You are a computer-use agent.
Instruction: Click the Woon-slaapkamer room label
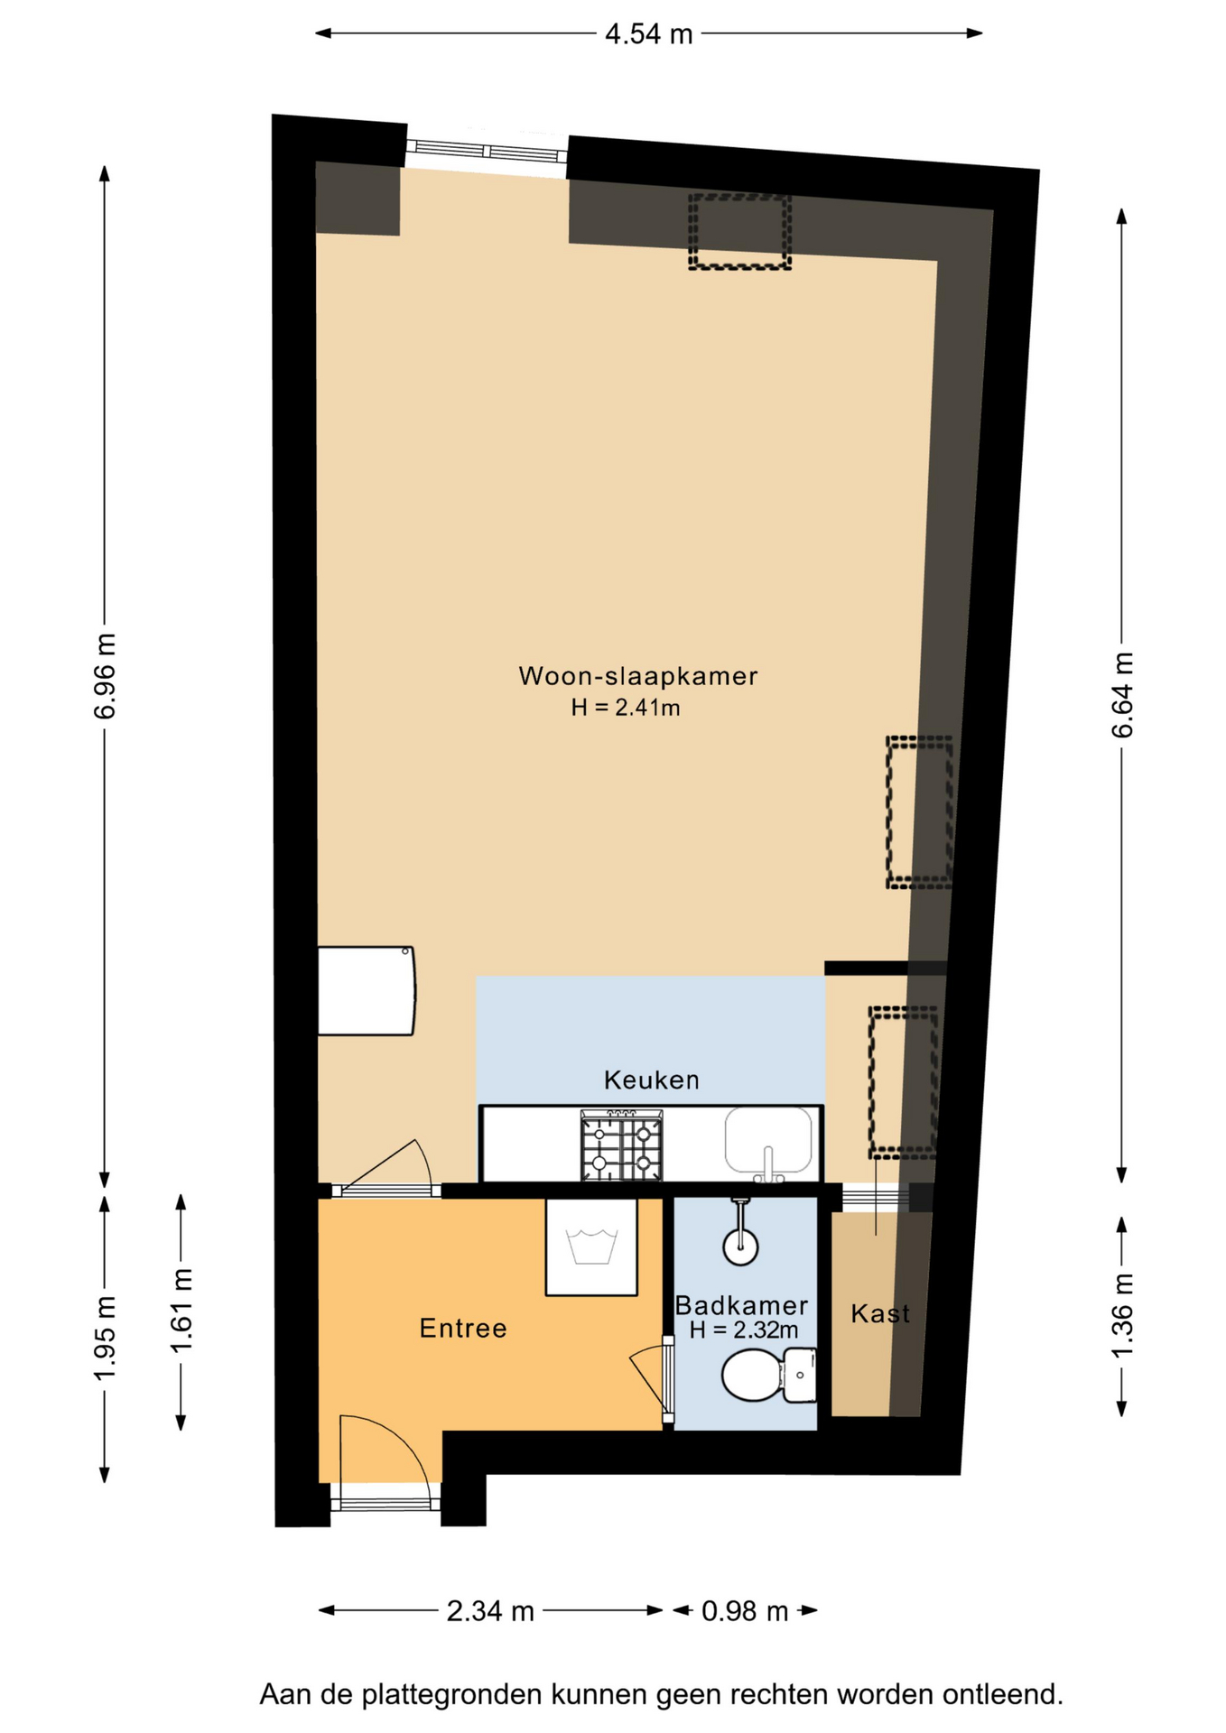coord(637,676)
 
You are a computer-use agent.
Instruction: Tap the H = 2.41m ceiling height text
coord(626,708)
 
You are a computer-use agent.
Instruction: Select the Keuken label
coord(651,1080)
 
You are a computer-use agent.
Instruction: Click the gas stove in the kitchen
coord(621,1145)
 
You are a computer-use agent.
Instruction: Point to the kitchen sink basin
coord(768,1142)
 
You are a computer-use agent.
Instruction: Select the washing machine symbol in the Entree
coord(591,1246)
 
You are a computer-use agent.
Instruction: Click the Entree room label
coord(463,1328)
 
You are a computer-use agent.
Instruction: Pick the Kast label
coord(880,1313)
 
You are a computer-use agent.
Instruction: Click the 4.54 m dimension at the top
coord(649,34)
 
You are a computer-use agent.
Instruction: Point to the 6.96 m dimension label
coord(105,676)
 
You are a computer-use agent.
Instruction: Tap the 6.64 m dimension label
coord(1121,695)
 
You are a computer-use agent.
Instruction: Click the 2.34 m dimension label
coord(490,1611)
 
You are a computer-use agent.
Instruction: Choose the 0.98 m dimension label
coord(745,1611)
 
